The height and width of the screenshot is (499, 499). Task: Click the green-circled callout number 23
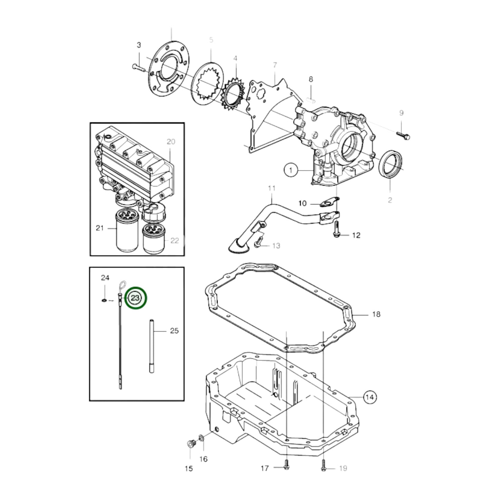point(136,298)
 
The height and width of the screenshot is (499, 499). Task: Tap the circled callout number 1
point(291,170)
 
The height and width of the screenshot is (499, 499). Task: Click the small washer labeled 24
point(104,300)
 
